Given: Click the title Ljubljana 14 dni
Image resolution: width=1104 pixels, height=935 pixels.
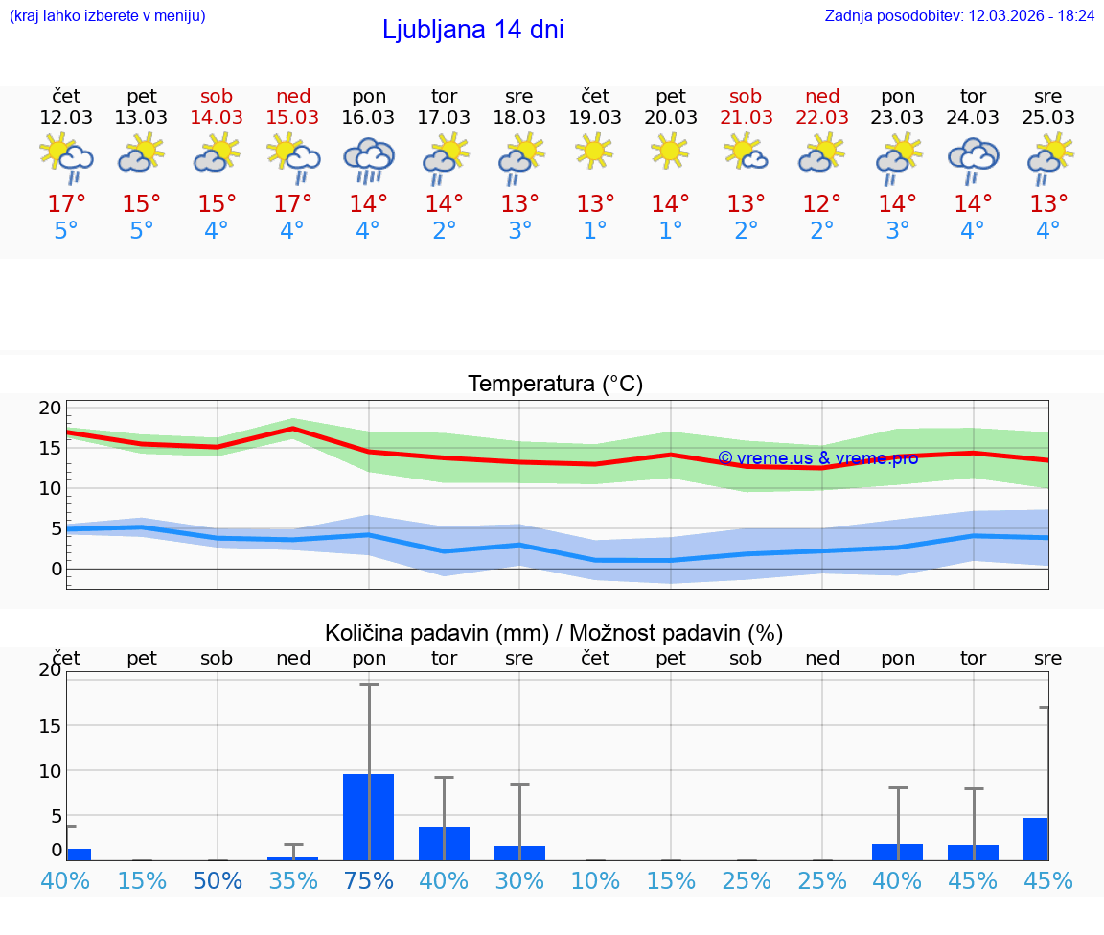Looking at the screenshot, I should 472,30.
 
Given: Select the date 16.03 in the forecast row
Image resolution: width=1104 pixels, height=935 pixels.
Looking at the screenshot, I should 368,118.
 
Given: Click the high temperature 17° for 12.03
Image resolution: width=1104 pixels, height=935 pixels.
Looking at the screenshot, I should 66,204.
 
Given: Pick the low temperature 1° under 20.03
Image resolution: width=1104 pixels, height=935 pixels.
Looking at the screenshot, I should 670,231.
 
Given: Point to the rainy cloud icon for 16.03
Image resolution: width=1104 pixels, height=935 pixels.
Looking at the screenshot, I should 369,159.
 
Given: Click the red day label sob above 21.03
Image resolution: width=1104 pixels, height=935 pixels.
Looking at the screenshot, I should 746,96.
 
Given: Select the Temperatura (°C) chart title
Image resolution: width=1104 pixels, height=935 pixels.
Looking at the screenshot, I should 555,384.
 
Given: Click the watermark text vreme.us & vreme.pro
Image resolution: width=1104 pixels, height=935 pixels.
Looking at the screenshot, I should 817,458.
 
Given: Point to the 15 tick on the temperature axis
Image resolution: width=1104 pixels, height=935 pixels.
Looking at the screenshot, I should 50,448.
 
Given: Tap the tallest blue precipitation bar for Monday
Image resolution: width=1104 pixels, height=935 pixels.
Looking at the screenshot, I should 368,816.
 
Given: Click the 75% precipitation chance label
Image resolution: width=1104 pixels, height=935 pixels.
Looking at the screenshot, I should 369,880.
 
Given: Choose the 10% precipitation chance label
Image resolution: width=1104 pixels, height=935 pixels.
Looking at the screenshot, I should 595,880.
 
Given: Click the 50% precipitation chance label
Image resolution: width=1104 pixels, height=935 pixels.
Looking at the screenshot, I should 218,880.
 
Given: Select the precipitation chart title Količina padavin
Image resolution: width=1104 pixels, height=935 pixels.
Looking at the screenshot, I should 554,633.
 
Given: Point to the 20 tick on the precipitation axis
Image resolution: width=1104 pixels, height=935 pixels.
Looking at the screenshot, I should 50,670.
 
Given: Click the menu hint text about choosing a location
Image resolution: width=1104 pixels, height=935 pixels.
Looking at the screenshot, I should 107,15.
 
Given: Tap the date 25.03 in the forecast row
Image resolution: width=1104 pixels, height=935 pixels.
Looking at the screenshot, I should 1047,118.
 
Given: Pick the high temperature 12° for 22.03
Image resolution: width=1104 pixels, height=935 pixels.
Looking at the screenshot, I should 821,204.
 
